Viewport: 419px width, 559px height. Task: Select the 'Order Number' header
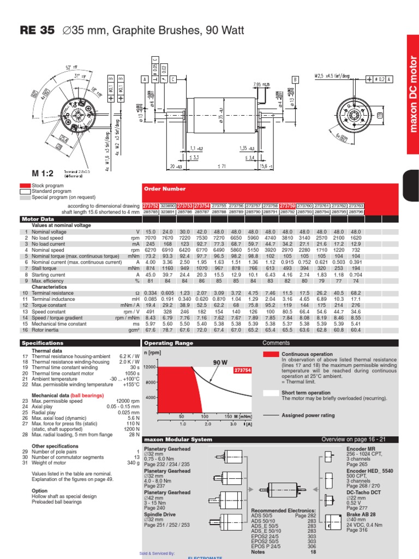click(159, 189)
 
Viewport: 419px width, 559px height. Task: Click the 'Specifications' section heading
click(43, 343)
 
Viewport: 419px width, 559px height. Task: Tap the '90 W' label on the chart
click(219, 362)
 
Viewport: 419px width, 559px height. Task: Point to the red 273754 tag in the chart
click(242, 370)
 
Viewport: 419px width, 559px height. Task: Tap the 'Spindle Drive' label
click(159, 514)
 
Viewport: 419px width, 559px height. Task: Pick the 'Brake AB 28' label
click(362, 514)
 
